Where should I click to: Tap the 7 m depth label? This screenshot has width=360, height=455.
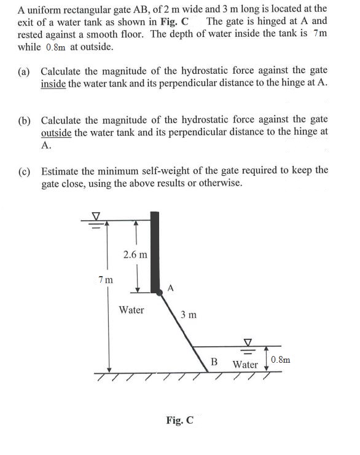(105, 280)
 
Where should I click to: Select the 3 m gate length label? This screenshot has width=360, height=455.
(189, 315)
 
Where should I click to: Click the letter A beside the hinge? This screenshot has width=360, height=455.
(171, 287)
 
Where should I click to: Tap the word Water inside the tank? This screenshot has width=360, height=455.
(131, 309)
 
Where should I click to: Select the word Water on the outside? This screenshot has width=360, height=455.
(246, 364)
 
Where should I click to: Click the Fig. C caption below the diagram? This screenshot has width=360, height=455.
(179, 421)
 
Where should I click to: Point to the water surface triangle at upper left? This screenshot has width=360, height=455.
(95, 216)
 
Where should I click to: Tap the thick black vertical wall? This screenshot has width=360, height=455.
(155, 252)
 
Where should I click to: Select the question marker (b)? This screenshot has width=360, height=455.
(26, 119)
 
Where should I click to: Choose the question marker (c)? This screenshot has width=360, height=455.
(26, 170)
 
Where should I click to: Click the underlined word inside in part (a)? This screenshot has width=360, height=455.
(53, 84)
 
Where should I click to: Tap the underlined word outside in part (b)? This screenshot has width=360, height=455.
(56, 132)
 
